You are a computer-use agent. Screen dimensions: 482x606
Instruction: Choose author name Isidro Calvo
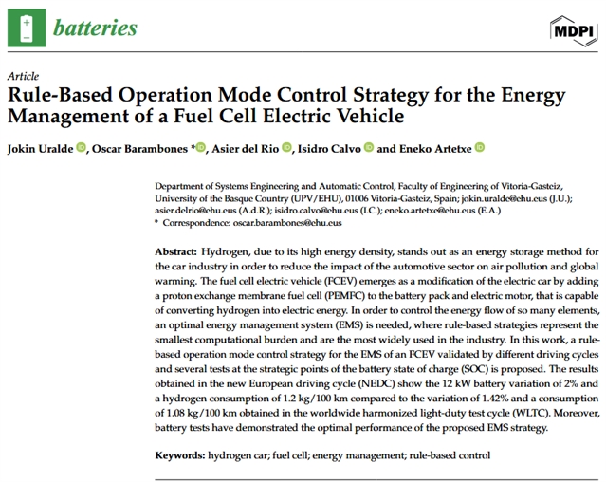[333, 147]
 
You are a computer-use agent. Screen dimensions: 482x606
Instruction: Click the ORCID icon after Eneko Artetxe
[480, 147]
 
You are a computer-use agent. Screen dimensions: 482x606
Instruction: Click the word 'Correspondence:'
[193, 225]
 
